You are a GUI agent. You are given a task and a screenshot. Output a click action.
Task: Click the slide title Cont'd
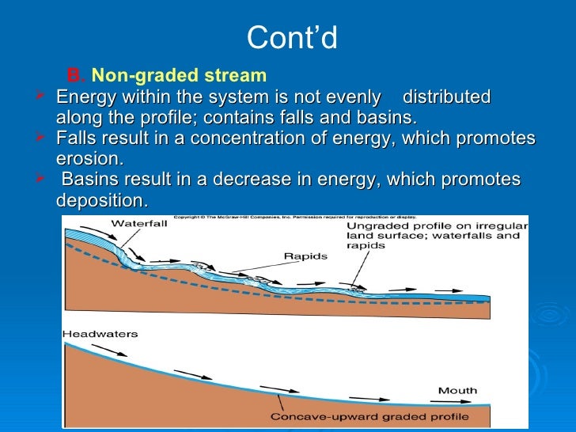(x=292, y=37)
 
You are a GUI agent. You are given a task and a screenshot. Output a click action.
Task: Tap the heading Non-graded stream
(x=180, y=76)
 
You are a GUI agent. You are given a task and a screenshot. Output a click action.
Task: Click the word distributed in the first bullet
(x=447, y=97)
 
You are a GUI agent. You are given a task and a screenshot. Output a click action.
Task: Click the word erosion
(x=89, y=159)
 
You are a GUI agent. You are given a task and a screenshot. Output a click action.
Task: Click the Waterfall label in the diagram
(x=138, y=224)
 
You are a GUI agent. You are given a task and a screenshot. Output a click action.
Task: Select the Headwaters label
(x=100, y=334)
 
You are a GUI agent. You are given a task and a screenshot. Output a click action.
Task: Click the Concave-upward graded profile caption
(x=369, y=417)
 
